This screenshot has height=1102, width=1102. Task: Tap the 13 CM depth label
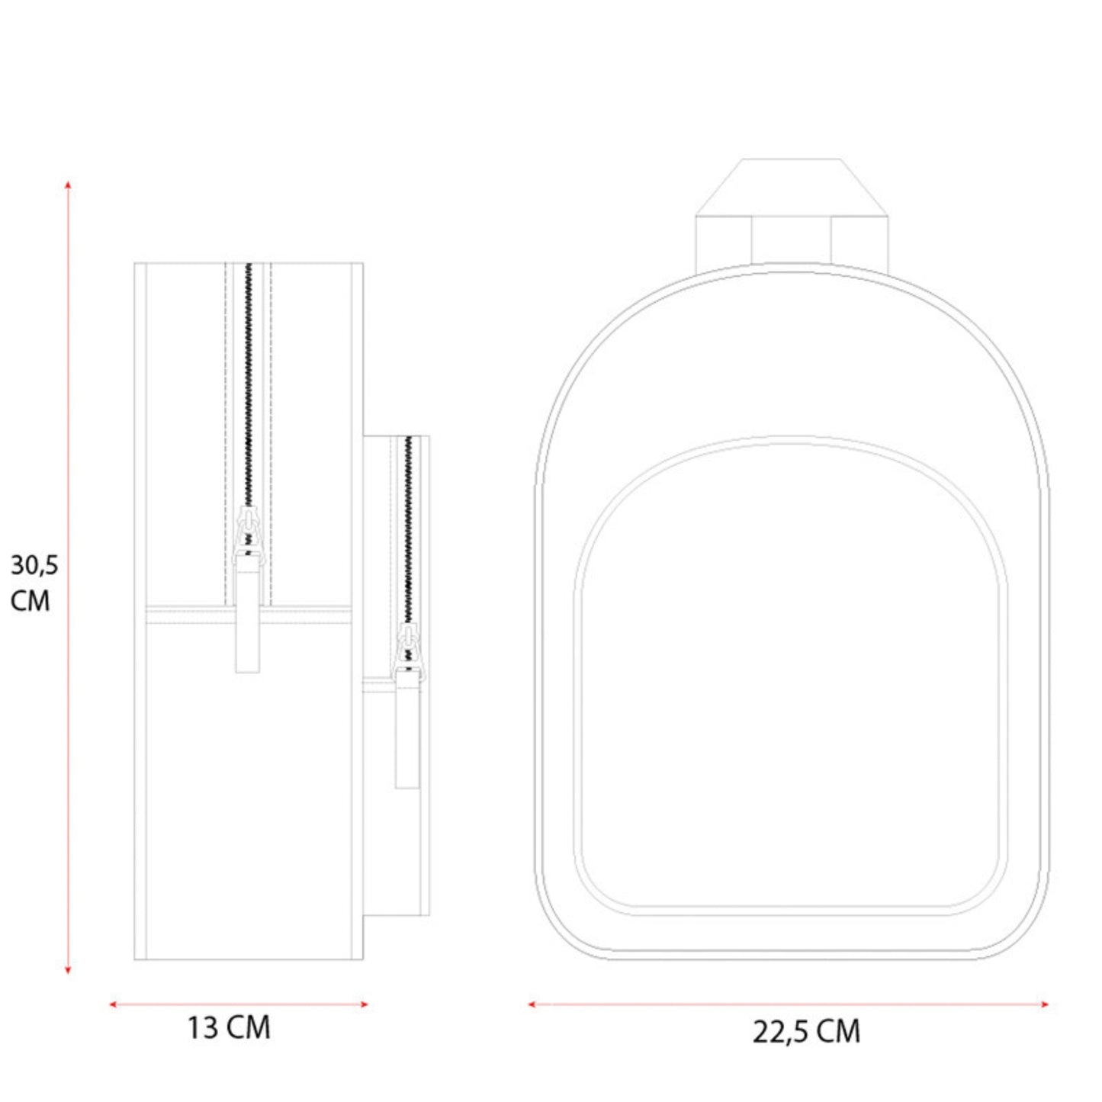pos(229,1028)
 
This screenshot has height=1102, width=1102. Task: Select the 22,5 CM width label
pos(806,1032)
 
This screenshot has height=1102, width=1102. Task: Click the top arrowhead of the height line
pos(68,184)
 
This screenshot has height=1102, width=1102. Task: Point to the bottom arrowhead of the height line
pos(68,969)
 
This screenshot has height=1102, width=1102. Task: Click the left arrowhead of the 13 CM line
pos(113,1004)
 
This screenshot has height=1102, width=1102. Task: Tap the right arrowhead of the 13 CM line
pos(364,1004)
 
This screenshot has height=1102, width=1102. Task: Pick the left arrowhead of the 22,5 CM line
pos(532,1004)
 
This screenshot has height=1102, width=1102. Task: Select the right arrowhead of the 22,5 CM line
pos(1045,1004)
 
